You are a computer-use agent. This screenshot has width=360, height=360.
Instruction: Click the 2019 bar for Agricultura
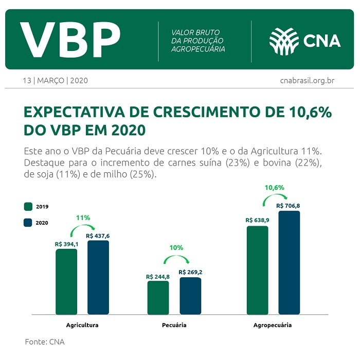[66, 282]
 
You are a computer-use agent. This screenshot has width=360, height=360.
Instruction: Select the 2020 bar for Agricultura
[98, 277]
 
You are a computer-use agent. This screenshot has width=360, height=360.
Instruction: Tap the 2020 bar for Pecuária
[190, 296]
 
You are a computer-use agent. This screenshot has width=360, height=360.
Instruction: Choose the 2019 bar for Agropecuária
[257, 270]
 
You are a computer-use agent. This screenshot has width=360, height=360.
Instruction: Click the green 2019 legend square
[28, 206]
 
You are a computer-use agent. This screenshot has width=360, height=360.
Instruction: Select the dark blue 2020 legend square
[28, 223]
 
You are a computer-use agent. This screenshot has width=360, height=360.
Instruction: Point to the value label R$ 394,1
[66, 245]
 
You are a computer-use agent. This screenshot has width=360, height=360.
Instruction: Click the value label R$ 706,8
[289, 206]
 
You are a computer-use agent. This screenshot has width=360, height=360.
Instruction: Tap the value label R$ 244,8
[158, 277]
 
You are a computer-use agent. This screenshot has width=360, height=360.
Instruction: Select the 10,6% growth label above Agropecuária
[274, 188]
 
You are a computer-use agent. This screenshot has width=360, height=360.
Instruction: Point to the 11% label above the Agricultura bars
[83, 218]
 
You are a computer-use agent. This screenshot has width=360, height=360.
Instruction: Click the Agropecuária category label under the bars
[273, 326]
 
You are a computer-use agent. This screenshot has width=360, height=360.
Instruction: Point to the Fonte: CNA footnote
[45, 341]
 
